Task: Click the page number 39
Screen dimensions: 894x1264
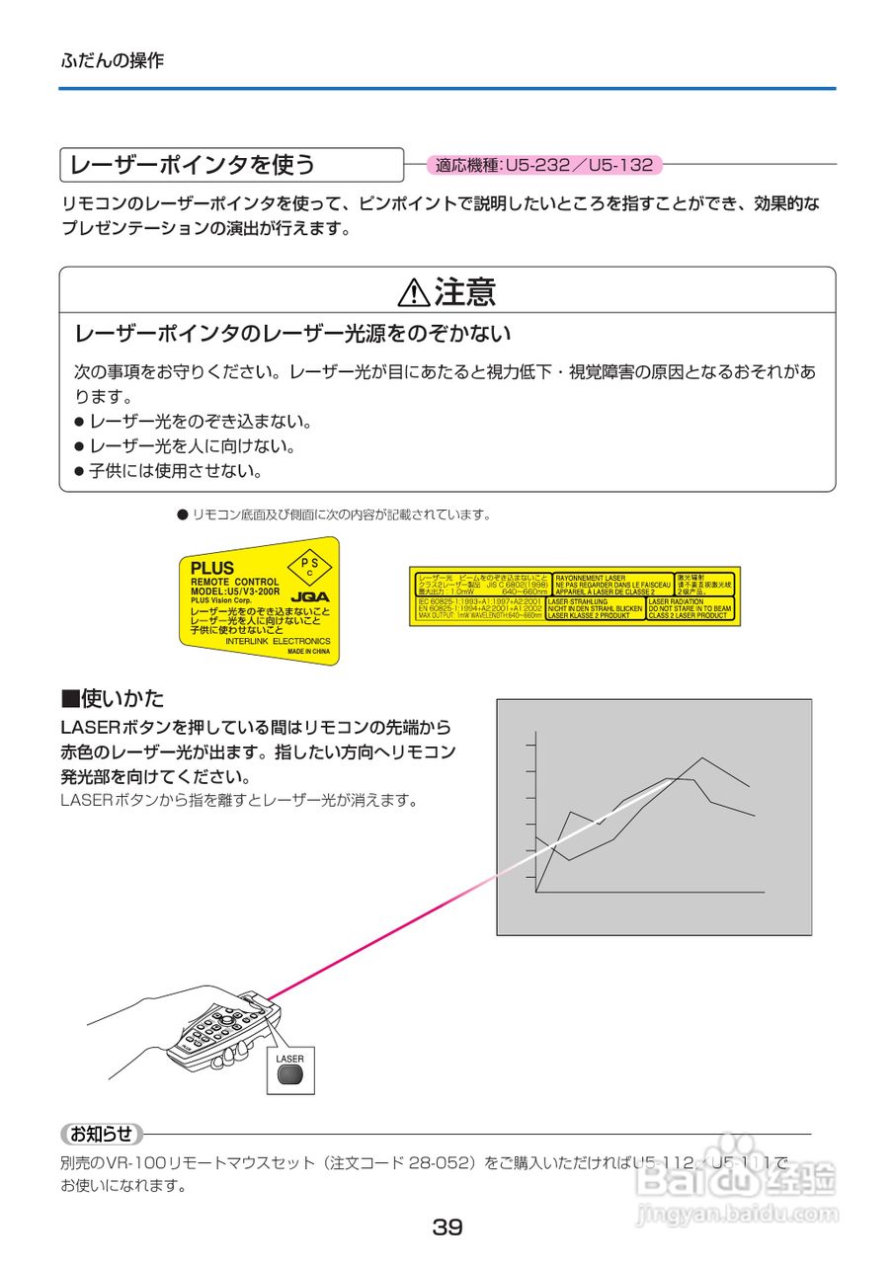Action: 447,1227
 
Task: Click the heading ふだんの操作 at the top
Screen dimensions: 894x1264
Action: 113,60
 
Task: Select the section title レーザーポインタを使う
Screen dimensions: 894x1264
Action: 189,164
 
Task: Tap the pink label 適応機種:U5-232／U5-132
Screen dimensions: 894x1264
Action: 544,165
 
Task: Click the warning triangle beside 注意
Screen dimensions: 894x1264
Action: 412,293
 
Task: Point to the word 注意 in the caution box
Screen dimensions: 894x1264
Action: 464,292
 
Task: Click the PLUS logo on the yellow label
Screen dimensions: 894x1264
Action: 212,568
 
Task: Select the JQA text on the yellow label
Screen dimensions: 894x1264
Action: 311,596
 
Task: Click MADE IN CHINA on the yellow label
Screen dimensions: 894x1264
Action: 308,652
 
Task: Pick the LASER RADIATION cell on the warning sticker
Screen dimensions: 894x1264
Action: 690,607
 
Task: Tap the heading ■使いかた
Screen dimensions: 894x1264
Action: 113,699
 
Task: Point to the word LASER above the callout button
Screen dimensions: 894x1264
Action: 290,1059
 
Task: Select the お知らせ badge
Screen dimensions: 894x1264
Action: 102,1134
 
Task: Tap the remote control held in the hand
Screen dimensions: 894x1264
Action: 224,1031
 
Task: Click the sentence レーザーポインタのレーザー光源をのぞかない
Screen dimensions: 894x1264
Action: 293,332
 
